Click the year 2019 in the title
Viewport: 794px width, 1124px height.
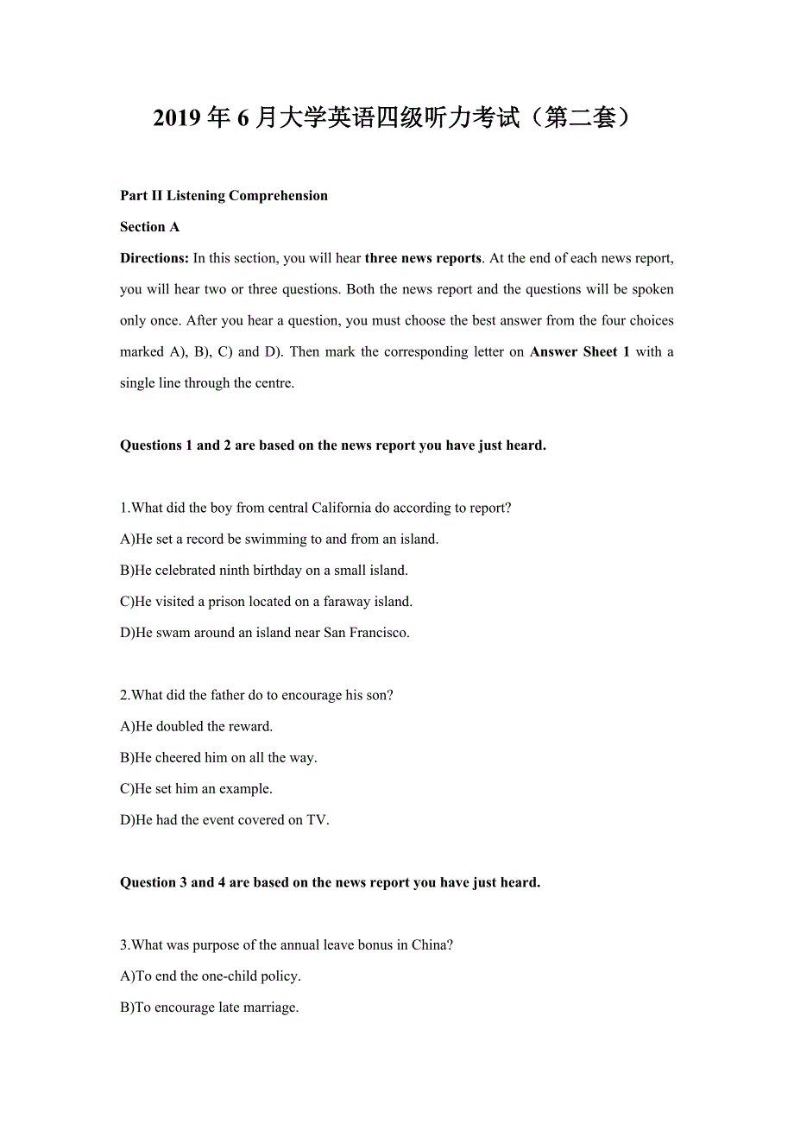(x=179, y=118)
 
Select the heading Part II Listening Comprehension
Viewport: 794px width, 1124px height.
(x=224, y=196)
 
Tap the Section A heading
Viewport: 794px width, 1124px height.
(x=149, y=227)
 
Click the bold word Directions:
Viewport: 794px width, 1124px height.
(x=154, y=258)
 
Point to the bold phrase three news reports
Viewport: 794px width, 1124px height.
(x=423, y=258)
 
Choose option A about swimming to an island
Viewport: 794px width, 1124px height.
(x=279, y=539)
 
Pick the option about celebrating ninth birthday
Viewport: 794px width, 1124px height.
(x=264, y=570)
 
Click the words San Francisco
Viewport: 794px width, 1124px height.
(x=366, y=632)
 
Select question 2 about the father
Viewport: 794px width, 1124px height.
(x=256, y=695)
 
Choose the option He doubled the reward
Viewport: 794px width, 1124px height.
(x=197, y=726)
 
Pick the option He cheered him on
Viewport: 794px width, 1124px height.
(x=218, y=757)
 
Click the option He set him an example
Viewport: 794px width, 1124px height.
(x=196, y=788)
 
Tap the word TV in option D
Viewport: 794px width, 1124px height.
(x=318, y=819)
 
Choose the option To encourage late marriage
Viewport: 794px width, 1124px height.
(x=210, y=1007)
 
